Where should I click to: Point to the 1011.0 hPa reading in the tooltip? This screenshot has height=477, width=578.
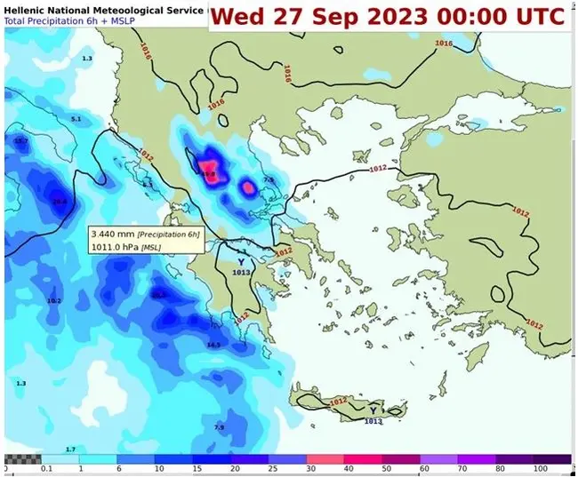(x=115, y=247)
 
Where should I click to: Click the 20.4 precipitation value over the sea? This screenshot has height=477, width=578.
(x=60, y=202)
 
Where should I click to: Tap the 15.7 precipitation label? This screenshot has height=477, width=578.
(x=21, y=141)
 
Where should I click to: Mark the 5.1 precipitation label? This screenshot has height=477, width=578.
(x=76, y=119)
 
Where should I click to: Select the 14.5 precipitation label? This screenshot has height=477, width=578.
(x=213, y=345)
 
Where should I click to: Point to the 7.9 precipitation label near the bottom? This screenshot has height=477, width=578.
(x=219, y=427)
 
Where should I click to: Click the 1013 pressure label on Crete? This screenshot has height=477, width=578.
(x=373, y=421)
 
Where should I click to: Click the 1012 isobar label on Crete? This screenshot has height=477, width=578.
(x=339, y=402)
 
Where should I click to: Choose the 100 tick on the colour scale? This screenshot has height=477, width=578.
(x=541, y=468)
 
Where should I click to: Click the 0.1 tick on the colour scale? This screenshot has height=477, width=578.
(x=46, y=468)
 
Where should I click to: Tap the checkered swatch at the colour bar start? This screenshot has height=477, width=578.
(x=22, y=458)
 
